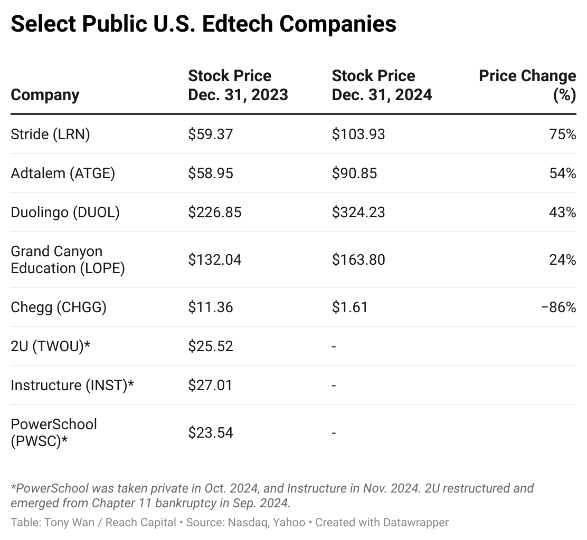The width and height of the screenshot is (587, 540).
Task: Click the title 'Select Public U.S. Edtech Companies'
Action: (203, 24)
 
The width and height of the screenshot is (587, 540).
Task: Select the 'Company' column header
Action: (45, 95)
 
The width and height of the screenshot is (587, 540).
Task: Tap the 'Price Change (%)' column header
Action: (527, 85)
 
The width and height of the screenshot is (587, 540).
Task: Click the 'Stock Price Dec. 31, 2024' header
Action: (382, 85)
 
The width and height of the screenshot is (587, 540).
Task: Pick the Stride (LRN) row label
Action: (50, 134)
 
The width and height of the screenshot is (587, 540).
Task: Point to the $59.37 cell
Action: (210, 134)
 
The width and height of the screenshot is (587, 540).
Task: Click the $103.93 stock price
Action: (358, 134)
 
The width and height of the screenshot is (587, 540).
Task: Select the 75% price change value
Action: (562, 134)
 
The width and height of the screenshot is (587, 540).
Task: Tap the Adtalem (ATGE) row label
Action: (62, 173)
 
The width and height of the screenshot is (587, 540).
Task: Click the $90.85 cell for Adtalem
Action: (354, 173)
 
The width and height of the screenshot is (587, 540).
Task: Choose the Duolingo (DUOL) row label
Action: (65, 213)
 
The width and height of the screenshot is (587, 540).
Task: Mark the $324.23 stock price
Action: (358, 213)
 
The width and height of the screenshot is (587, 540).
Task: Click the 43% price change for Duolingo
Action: (562, 213)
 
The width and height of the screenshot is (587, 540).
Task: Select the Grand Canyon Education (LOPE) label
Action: (68, 259)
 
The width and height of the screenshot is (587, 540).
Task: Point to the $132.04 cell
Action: (214, 259)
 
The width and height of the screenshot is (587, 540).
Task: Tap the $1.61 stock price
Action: (349, 307)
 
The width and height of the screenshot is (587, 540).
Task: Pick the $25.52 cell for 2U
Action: (210, 346)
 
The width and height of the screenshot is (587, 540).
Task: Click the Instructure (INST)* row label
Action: (72, 385)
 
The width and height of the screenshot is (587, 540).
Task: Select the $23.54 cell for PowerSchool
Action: (210, 433)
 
